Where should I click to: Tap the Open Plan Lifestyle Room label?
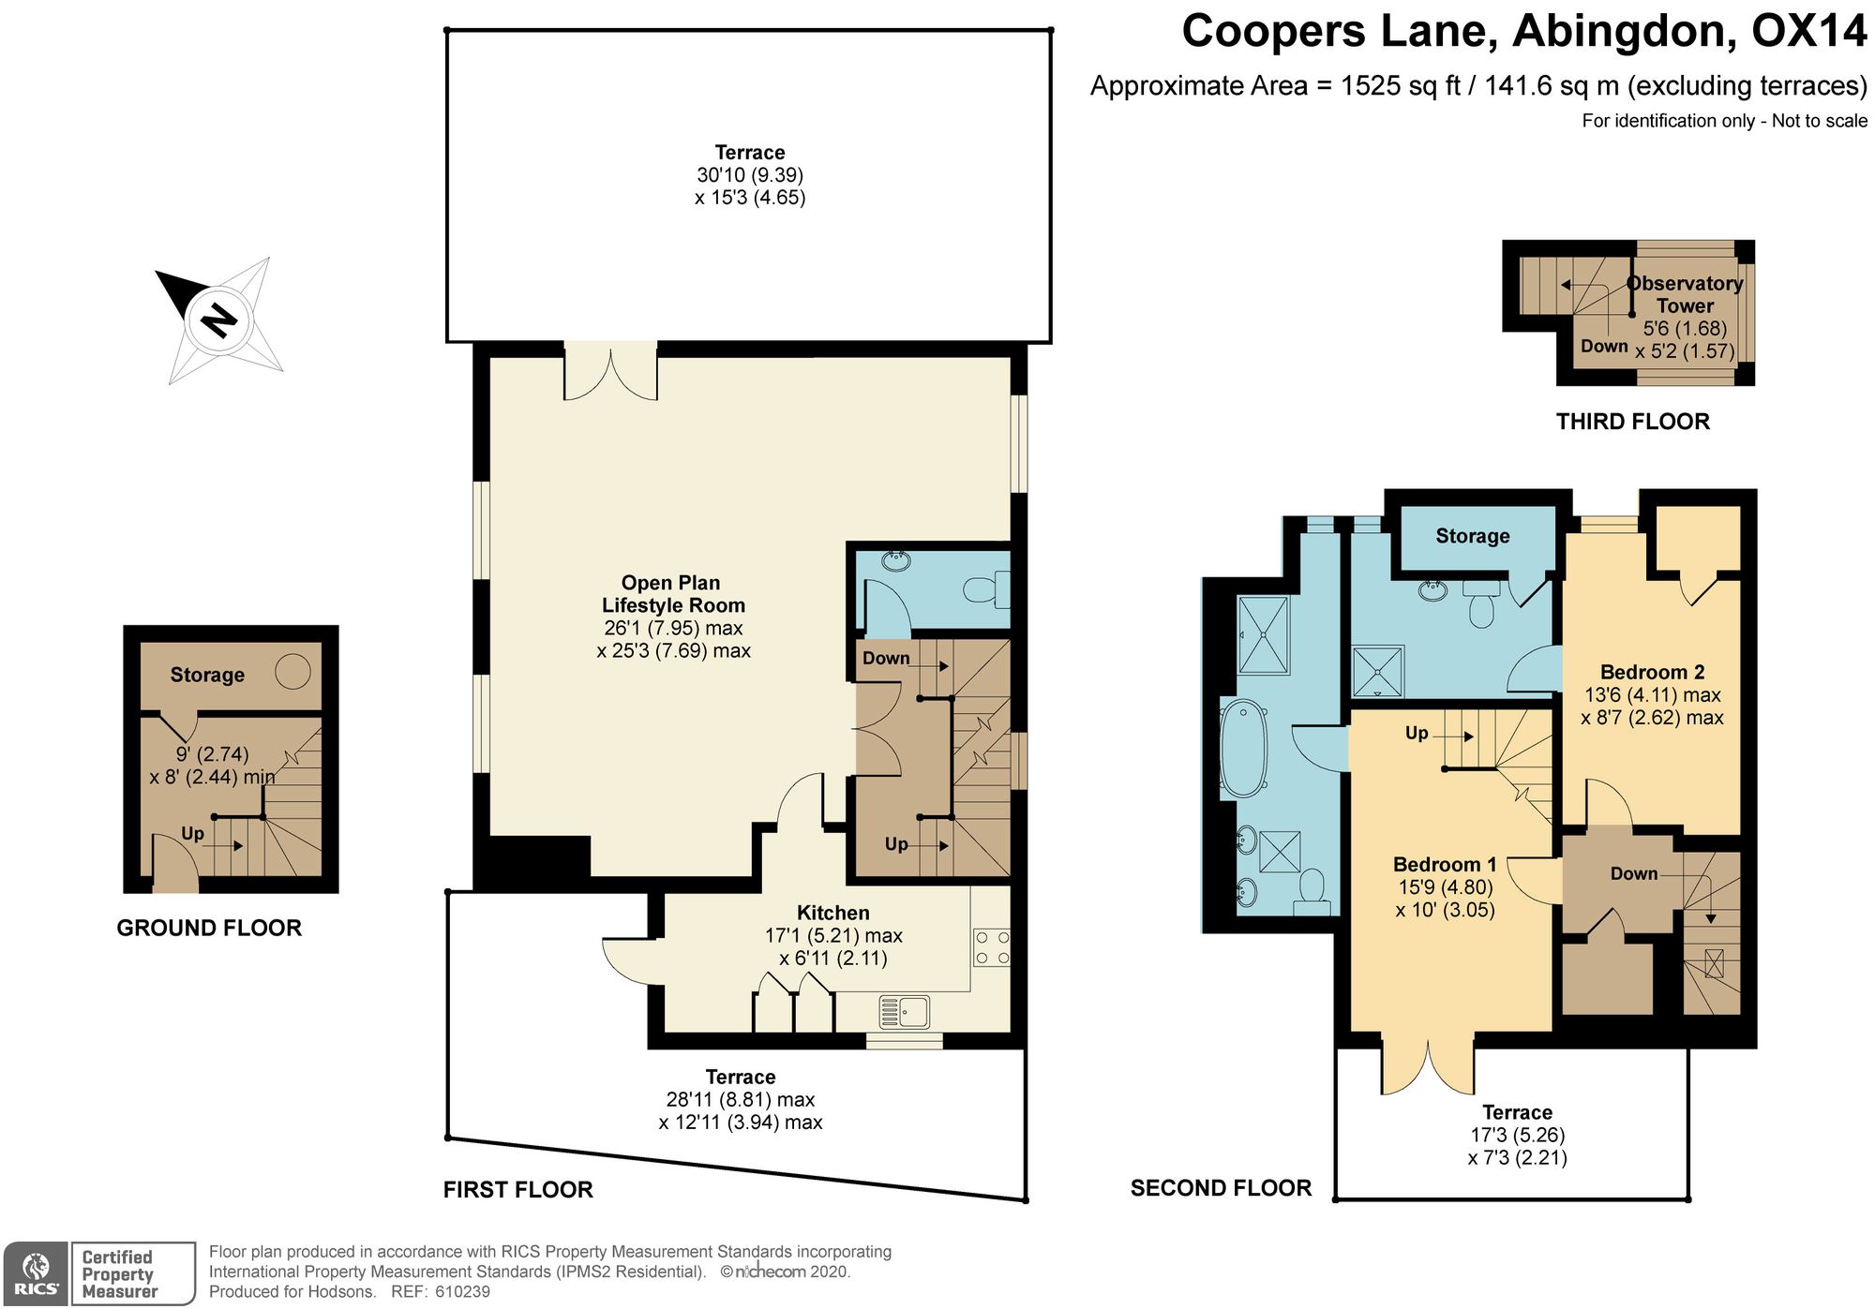[x=672, y=594]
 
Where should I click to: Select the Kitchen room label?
[x=832, y=913]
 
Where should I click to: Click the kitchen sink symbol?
[x=905, y=1012]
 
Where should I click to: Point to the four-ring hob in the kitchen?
[x=992, y=946]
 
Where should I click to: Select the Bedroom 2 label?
[x=1652, y=672]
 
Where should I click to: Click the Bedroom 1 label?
[x=1445, y=864]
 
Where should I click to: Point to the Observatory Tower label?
[x=1685, y=294]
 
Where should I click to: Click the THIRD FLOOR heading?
[x=1633, y=422]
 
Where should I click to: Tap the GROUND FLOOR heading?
[x=209, y=928]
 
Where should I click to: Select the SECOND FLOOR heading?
[x=1221, y=1188]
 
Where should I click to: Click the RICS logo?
[x=36, y=1273]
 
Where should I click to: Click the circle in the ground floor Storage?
[x=292, y=672]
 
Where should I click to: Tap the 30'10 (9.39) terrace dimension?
[x=750, y=174]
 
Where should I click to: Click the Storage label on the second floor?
[x=1473, y=536]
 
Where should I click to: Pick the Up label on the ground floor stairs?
[x=192, y=833]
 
